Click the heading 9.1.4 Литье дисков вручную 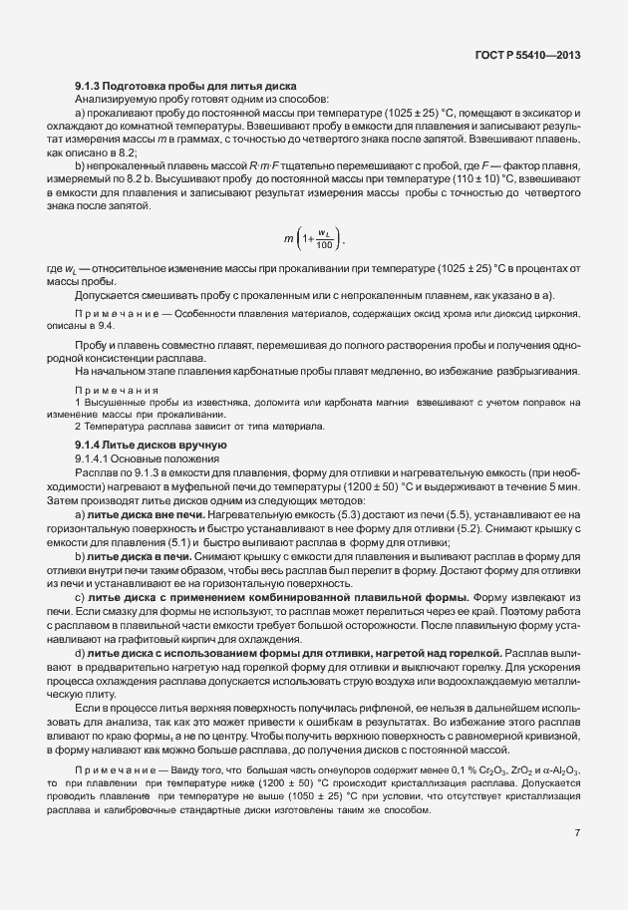pos(151,443)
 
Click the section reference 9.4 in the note pos(106,326)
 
